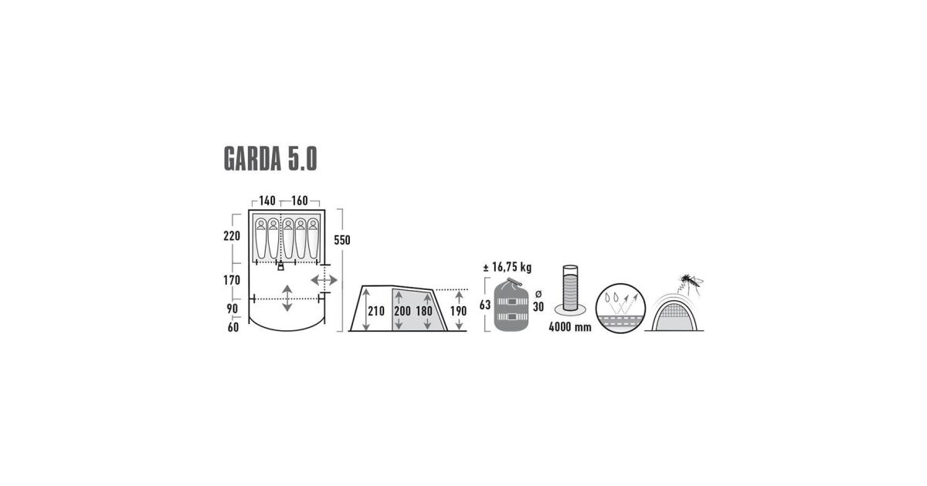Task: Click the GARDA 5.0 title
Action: point(270,158)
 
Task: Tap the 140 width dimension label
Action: point(267,201)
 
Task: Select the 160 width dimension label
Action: point(299,201)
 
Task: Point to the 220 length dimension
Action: point(232,236)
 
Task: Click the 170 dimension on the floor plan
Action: point(232,280)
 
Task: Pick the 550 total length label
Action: point(341,240)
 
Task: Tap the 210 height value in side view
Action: point(376,311)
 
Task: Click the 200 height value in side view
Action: point(402,311)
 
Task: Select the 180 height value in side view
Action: point(424,311)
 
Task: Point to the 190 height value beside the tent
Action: point(458,311)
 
